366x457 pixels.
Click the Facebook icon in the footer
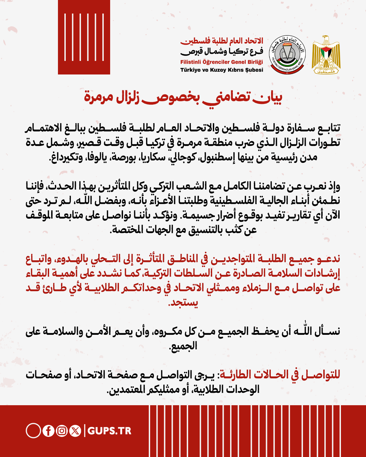(x=48, y=431)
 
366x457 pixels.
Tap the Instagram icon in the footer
(x=62, y=431)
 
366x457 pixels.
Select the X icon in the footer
(x=75, y=431)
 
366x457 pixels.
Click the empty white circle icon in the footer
(x=33, y=431)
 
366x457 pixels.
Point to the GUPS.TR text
(x=109, y=431)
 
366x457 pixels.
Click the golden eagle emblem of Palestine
(x=326, y=55)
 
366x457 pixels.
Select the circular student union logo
(x=287, y=55)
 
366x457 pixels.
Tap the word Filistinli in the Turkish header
(x=190, y=62)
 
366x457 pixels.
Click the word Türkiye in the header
(x=190, y=70)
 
